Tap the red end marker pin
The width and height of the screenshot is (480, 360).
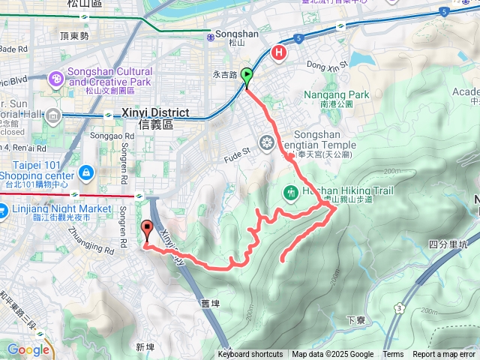145,229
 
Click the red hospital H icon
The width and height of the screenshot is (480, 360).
280,52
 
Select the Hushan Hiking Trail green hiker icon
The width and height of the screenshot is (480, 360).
291,192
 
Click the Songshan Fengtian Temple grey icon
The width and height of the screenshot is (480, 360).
267,142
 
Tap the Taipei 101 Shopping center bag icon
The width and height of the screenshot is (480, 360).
87,173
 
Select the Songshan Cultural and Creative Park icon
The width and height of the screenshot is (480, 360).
56,77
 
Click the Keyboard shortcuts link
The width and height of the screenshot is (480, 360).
250,355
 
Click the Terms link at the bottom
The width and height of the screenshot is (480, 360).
393,355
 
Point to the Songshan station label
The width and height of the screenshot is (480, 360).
230,34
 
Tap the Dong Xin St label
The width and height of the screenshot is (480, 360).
326,66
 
